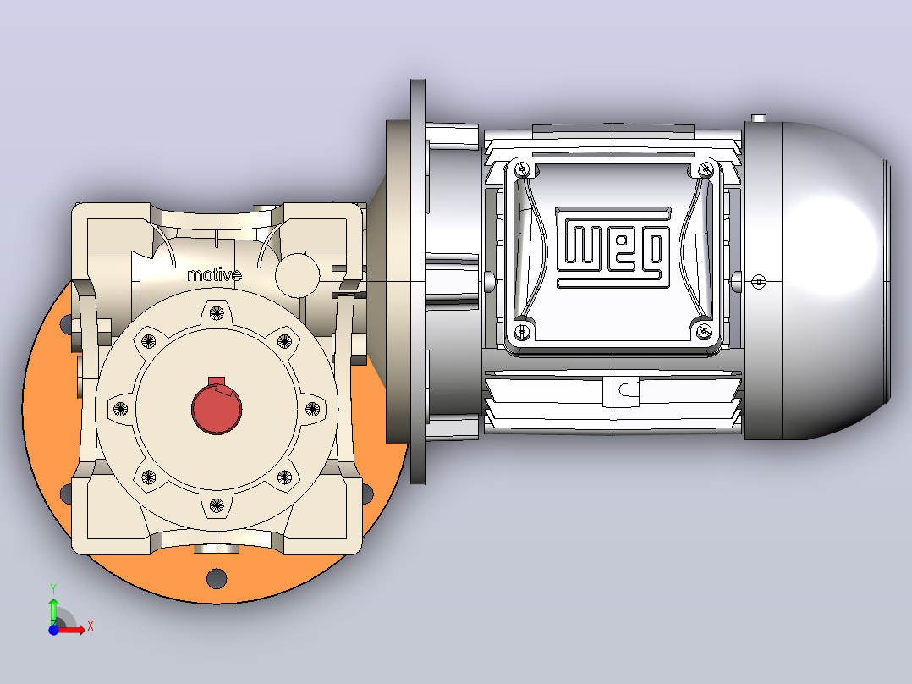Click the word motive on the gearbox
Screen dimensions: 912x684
click(x=214, y=275)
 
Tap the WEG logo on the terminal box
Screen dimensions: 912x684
click(x=613, y=247)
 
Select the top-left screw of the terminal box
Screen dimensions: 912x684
click(x=522, y=169)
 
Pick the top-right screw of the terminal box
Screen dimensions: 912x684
click(x=706, y=168)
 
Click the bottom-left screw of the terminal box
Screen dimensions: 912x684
click(x=522, y=333)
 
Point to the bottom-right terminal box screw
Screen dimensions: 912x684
click(x=704, y=332)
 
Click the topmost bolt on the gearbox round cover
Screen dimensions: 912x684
click(x=217, y=313)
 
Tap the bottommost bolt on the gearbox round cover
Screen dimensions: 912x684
click(x=217, y=505)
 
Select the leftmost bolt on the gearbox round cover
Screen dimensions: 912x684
click(x=120, y=409)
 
